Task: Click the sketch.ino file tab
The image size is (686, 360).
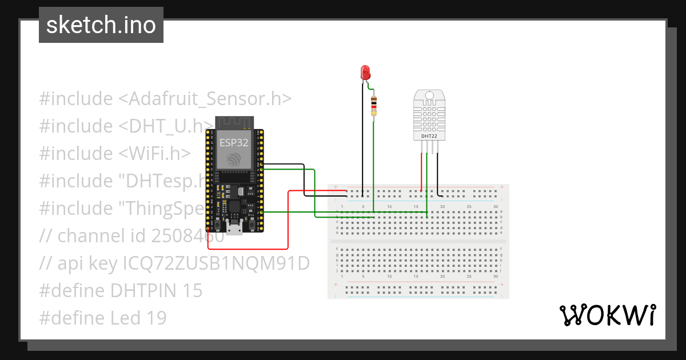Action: click(x=101, y=25)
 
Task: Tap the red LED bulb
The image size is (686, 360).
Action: click(x=365, y=73)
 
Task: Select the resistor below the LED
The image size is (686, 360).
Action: click(x=374, y=106)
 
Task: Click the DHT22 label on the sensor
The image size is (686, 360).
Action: click(x=429, y=137)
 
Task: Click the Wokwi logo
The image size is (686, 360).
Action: click(x=607, y=315)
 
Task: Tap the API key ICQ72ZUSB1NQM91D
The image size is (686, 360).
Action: click(x=216, y=263)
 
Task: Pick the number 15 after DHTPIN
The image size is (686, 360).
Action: click(x=193, y=290)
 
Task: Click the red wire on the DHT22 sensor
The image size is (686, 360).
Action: click(x=422, y=171)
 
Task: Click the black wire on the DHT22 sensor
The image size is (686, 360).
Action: click(x=438, y=171)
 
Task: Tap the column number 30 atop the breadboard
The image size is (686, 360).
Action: click(x=495, y=206)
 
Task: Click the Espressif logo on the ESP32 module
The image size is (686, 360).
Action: click(x=234, y=160)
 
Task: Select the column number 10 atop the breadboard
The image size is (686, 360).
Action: click(x=389, y=206)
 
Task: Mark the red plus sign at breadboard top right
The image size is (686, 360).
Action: click(x=502, y=187)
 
